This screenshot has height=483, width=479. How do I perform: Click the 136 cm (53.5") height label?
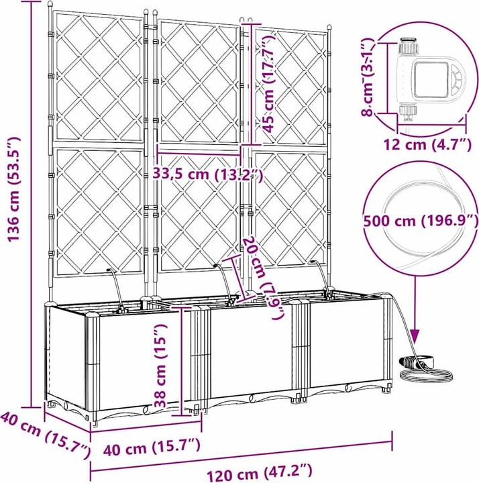[13, 189]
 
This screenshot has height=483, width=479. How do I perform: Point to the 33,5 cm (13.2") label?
[208, 175]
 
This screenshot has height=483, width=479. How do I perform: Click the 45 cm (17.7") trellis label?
[267, 84]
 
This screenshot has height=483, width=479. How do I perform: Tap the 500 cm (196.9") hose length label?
[421, 221]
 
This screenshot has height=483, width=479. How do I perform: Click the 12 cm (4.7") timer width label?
[427, 145]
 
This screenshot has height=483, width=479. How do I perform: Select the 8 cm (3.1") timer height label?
[368, 77]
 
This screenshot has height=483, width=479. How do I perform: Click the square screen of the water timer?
[430, 79]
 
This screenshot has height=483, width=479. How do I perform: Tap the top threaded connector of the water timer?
[409, 46]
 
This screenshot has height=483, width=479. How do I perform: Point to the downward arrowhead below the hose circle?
[415, 336]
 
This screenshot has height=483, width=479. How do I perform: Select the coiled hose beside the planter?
[425, 375]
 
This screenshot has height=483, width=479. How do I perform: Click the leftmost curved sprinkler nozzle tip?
[109, 270]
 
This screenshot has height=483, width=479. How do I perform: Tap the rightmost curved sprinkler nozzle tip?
[313, 262]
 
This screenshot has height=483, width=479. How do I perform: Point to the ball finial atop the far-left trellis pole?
[50, 4]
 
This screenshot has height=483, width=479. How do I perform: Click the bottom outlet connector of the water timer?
[408, 113]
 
